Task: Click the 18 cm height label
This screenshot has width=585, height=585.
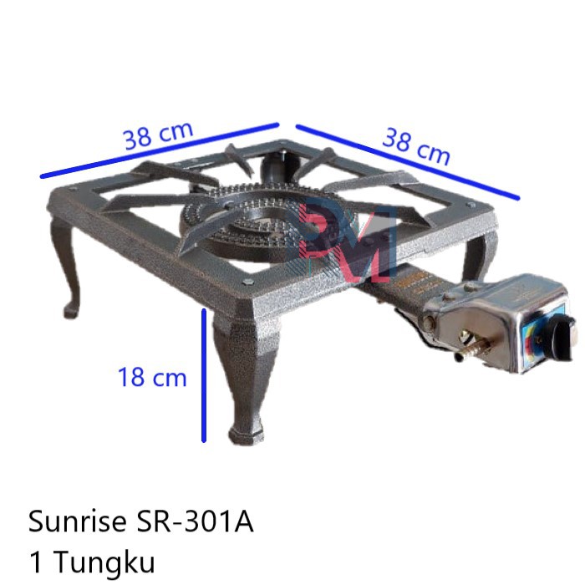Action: coord(152,377)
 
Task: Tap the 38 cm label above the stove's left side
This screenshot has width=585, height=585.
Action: coord(159,135)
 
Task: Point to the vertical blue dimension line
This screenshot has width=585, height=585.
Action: coord(204,375)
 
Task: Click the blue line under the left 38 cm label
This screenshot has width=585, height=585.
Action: coord(159,151)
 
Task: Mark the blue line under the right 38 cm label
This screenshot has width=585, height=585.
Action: coord(408,162)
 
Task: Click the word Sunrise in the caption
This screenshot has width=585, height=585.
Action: coord(77,522)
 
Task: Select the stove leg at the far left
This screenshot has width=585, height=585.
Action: coord(67,267)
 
